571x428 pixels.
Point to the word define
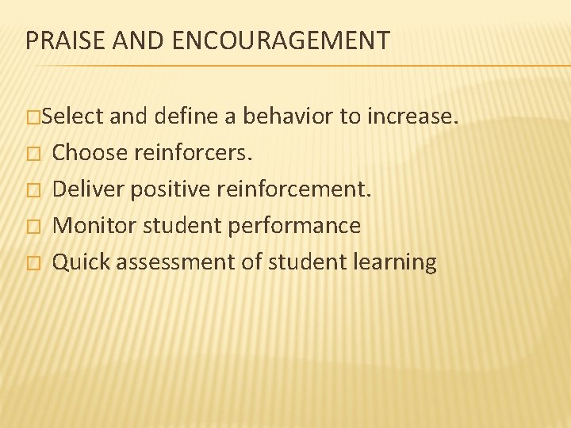click(187, 117)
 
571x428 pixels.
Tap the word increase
click(412, 117)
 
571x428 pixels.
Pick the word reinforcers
click(194, 153)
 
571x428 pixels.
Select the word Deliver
click(87, 189)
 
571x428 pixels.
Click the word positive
click(164, 189)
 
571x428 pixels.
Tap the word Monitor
click(90, 226)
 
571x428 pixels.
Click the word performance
click(294, 226)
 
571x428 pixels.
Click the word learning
click(396, 262)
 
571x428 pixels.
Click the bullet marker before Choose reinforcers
click(32, 154)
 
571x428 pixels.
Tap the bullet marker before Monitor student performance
click(32, 227)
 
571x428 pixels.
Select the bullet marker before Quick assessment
click(32, 263)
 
